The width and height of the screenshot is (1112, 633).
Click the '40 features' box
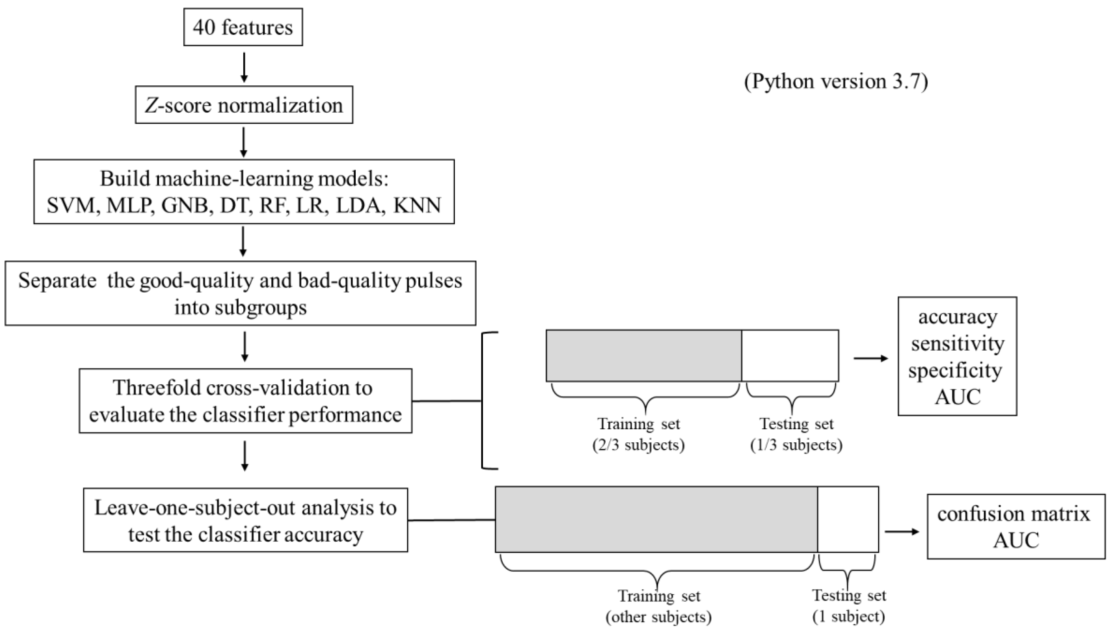pos(243,27)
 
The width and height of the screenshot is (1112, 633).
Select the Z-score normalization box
pos(244,105)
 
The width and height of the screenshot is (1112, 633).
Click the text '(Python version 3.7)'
pos(836,81)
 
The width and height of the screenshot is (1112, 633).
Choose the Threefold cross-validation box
pos(245,400)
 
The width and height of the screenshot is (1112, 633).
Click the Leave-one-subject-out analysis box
pos(245,520)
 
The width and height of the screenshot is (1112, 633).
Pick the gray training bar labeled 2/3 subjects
pos(643,355)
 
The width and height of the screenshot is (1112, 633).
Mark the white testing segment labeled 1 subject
pos(848,519)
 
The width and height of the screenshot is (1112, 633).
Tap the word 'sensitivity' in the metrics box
pos(958,343)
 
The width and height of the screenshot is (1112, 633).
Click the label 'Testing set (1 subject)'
pos(849,606)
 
